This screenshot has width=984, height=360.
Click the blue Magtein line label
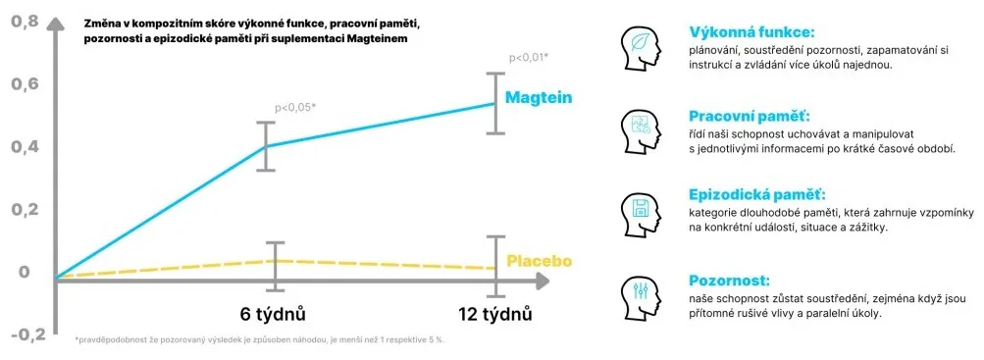click(x=539, y=98)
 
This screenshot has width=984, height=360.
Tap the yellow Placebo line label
click(x=539, y=260)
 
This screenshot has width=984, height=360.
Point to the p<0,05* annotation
click(x=295, y=107)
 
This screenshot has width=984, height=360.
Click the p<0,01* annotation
click(x=529, y=58)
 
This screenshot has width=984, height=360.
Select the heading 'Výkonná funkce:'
click(x=751, y=32)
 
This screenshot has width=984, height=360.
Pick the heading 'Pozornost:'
click(x=729, y=281)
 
